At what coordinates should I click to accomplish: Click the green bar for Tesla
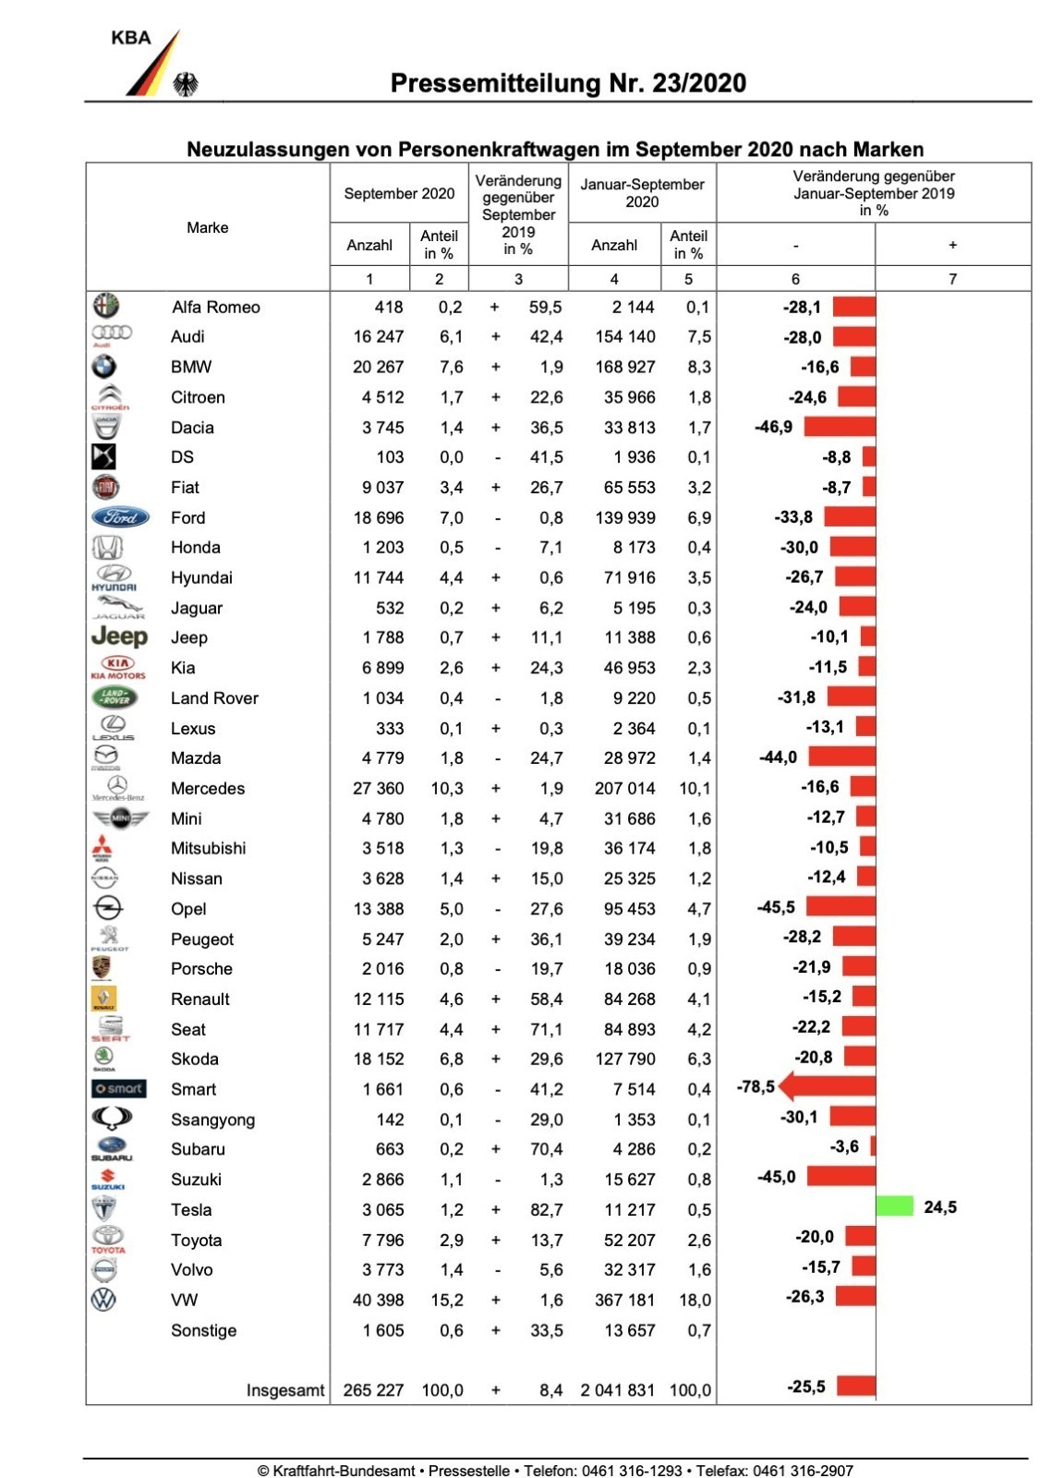pos(894,1206)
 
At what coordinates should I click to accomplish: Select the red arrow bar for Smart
pos(827,1086)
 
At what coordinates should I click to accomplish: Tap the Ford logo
pos(120,517)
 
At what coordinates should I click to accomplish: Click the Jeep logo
pos(119,636)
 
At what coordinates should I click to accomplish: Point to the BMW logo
pos(104,367)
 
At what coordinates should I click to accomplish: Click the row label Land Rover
pos(214,698)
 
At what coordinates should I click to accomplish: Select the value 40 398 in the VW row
pos(378,1300)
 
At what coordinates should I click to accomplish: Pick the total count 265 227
pos(373,1390)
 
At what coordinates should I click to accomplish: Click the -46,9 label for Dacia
pos(774,427)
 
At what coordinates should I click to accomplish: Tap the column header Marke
pos(207,227)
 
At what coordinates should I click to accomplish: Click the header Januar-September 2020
pos(642,193)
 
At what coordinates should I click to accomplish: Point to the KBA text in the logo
pos(130,38)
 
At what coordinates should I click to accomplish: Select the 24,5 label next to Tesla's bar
pos(940,1207)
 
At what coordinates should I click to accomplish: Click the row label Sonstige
pos(203,1330)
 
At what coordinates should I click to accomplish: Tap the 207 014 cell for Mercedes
pos(624,788)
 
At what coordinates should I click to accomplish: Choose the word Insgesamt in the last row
pos(285,1390)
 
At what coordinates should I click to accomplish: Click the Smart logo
pos(119,1089)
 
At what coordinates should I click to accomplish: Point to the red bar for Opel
pos(840,907)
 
